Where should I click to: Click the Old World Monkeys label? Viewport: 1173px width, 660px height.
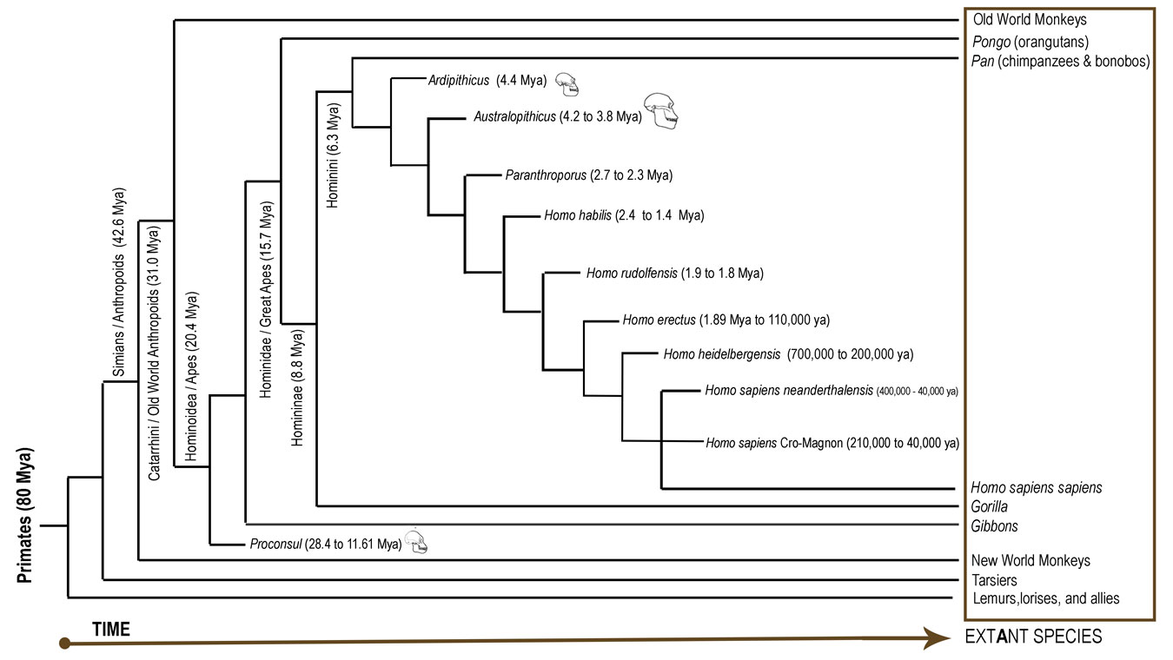click(1030, 19)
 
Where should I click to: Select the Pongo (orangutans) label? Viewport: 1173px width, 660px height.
click(1031, 41)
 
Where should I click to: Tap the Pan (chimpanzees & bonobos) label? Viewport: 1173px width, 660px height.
click(1060, 61)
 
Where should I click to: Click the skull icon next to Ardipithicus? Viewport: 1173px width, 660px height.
click(567, 83)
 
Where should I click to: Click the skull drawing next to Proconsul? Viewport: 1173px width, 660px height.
click(417, 543)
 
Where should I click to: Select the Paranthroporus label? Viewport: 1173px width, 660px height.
click(589, 175)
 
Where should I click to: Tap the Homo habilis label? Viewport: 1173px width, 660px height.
click(623, 215)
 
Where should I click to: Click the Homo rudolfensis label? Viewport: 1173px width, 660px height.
click(674, 274)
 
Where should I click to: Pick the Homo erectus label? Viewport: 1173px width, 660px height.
click(726, 320)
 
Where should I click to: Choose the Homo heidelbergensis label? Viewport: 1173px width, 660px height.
click(788, 354)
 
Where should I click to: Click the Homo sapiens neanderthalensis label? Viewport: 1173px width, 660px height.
click(832, 391)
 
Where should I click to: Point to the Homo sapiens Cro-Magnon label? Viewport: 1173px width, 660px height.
click(832, 443)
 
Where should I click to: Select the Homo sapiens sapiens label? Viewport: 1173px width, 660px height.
click(1037, 488)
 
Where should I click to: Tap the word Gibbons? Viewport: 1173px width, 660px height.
click(995, 526)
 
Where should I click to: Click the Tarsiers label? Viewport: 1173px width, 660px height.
click(995, 580)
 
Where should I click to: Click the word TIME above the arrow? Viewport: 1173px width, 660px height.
click(110, 629)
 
